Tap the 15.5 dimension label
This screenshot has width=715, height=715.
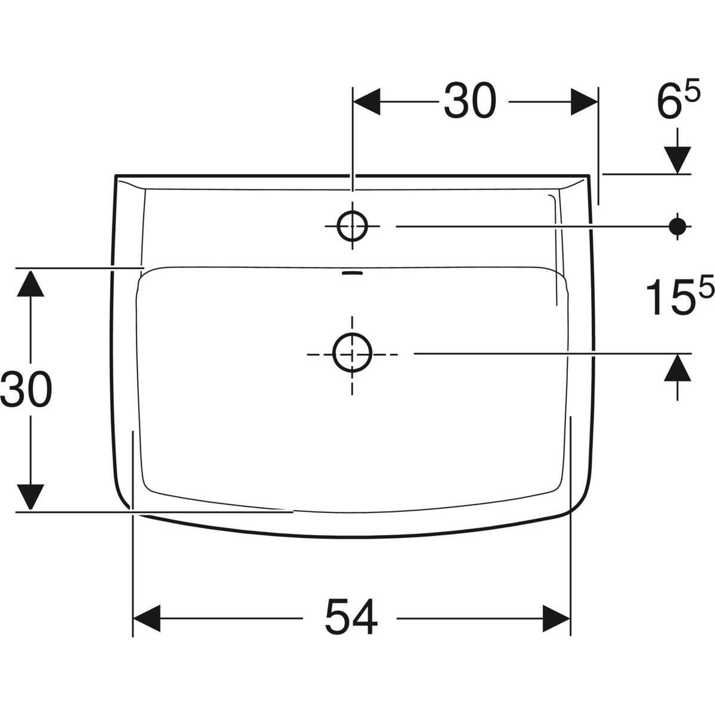click(x=680, y=296)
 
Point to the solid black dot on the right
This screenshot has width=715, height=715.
click(x=677, y=226)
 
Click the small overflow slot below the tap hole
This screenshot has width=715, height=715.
click(x=352, y=273)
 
